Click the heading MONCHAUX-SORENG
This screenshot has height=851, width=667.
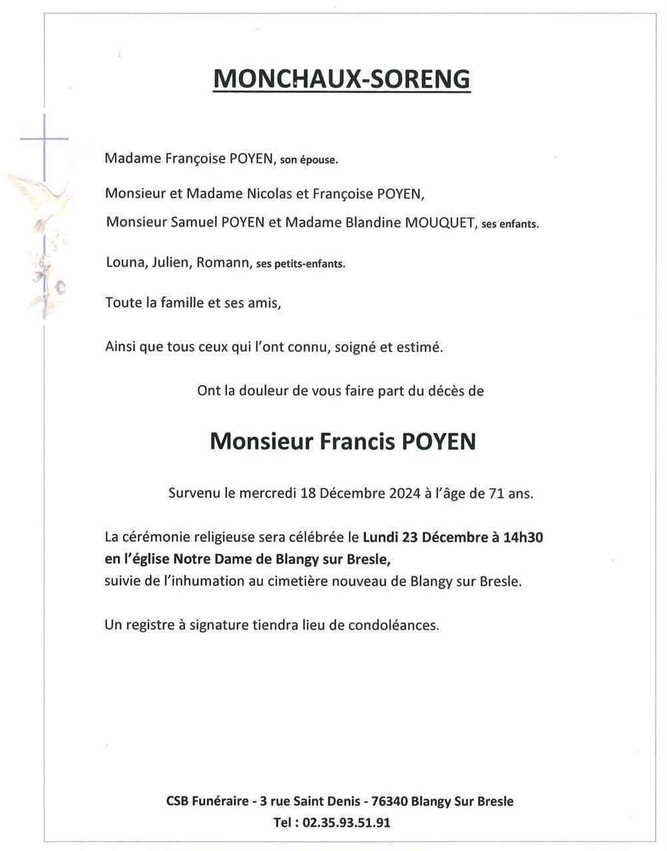click(x=341, y=79)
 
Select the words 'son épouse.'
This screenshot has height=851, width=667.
click(x=309, y=160)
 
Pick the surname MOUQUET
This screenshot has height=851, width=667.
click(x=439, y=223)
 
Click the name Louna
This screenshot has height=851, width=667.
click(x=124, y=262)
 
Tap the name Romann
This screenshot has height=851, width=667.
click(x=222, y=262)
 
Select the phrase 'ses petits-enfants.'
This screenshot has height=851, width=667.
click(x=300, y=264)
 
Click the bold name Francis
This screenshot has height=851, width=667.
click(x=357, y=442)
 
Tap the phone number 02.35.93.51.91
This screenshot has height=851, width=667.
click(x=346, y=823)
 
